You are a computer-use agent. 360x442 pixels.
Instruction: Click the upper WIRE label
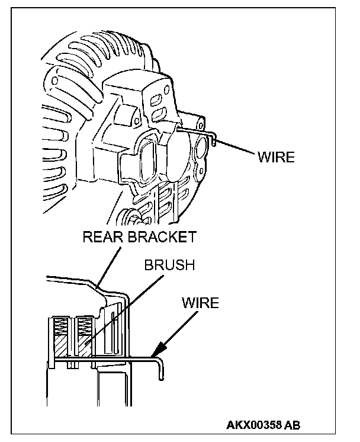276,158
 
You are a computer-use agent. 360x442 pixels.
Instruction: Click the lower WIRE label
200,303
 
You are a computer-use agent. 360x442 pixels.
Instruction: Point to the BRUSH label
169,265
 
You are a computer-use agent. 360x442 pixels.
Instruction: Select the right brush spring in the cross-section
81,326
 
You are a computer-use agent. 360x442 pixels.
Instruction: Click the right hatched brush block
83,347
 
